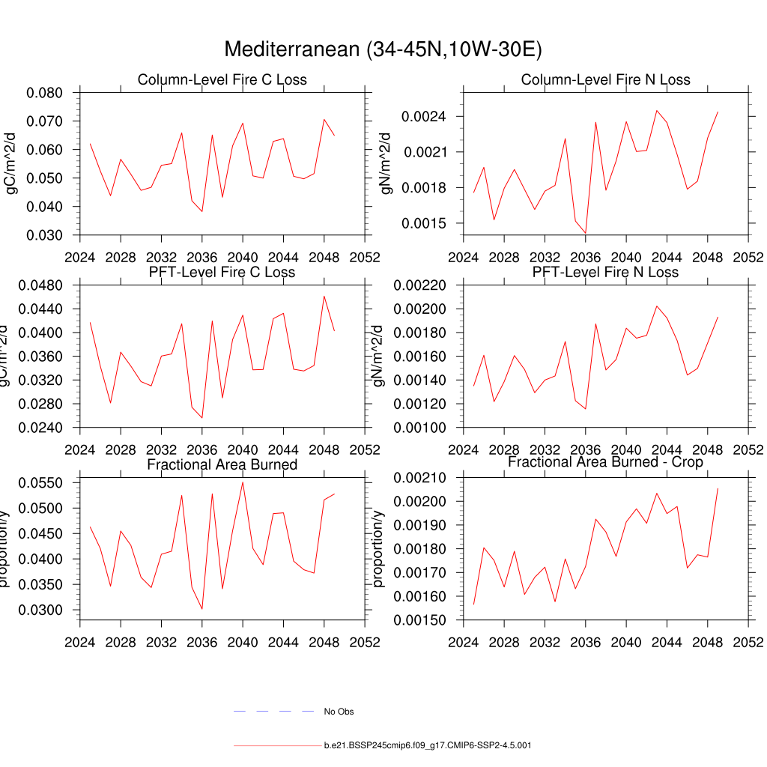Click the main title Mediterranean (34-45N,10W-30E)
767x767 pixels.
pos(383,49)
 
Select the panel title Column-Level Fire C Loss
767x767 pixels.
pos(222,79)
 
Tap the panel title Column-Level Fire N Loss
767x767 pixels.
pos(605,79)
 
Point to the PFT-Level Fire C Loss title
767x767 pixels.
pos(222,272)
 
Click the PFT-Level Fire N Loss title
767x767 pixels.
pos(605,272)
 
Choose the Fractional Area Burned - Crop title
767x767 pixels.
pos(605,462)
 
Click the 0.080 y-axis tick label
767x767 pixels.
pos(47,93)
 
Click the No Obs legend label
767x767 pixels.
pos(339,712)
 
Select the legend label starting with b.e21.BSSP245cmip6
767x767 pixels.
pos(428,746)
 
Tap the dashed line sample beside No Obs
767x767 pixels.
pos(273,711)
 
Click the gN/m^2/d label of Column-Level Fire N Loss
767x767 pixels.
pos(386,163)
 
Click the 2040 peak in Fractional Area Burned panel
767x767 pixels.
pos(243,482)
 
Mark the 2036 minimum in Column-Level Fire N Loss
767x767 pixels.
pos(586,232)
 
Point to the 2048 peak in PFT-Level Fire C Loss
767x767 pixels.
pos(324,296)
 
